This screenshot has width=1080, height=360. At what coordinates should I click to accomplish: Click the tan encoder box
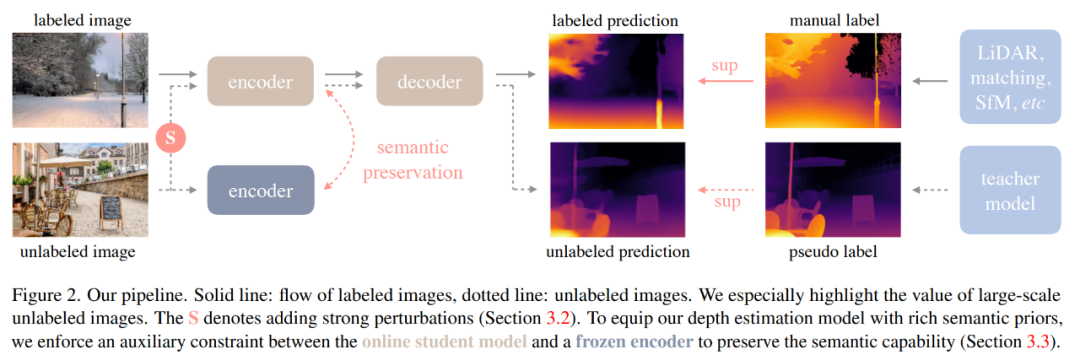coord(260,81)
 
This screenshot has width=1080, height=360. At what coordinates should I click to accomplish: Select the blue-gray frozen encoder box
coord(260,190)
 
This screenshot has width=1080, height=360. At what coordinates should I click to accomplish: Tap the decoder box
coord(429,81)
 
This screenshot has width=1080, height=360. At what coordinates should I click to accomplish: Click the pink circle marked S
coord(171,137)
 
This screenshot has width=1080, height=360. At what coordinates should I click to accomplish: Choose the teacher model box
coord(1010,190)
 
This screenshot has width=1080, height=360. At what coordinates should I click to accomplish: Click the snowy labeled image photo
coord(80,81)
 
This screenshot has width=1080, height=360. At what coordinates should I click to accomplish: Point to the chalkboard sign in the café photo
coord(110,208)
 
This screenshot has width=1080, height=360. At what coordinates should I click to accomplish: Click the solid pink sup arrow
coord(725,81)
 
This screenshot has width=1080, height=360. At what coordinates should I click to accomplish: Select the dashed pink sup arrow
coord(725,190)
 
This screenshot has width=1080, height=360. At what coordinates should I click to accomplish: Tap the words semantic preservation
coord(413,159)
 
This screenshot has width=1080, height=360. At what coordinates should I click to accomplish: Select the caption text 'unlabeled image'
coord(77,252)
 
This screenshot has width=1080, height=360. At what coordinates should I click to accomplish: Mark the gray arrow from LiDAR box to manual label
coord(932,81)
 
